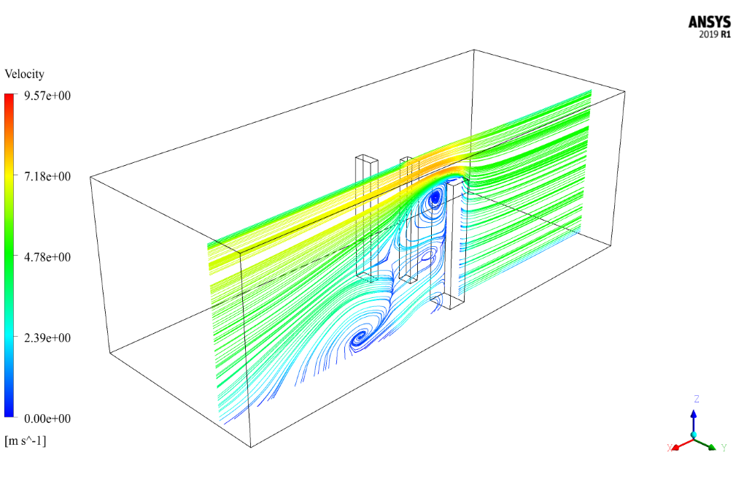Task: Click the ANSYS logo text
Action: tap(710, 23)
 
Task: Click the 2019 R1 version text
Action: tap(715, 34)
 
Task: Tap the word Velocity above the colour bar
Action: tap(24, 74)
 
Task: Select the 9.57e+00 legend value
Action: tap(47, 96)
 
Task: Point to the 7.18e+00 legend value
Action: tap(47, 177)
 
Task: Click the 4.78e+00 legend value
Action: tap(47, 257)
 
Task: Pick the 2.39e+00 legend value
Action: tap(47, 338)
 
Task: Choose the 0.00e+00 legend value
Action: tap(47, 419)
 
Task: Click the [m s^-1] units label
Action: tap(25, 441)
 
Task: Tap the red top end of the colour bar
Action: tap(9, 96)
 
